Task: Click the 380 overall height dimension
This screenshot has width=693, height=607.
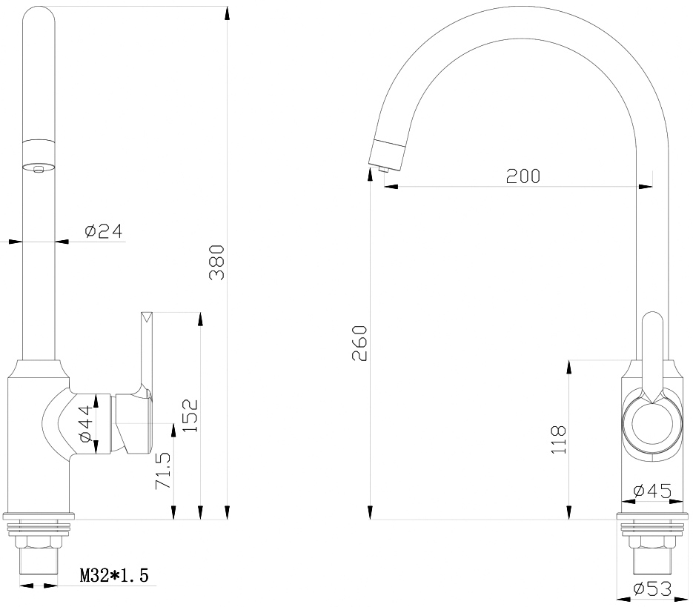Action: point(217,262)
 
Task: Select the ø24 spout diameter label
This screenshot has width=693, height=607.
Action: point(104,230)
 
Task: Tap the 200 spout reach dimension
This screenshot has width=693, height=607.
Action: point(523,176)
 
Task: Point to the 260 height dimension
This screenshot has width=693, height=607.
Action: point(359,343)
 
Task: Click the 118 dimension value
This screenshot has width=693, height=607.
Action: point(559,439)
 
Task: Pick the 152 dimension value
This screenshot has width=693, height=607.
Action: point(190,416)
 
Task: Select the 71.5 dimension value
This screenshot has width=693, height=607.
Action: point(163,471)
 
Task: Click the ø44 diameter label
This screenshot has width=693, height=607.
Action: point(85,423)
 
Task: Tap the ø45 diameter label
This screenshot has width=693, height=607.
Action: point(652,491)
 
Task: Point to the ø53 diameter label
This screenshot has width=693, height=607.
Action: point(652,588)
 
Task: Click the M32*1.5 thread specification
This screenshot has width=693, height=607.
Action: point(114,575)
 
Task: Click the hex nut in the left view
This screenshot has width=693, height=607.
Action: point(39,542)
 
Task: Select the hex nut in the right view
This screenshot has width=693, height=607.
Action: point(652,542)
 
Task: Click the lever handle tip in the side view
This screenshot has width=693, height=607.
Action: point(147,316)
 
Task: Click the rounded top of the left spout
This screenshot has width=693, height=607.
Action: point(39,14)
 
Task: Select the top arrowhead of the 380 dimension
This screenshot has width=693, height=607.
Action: point(227,13)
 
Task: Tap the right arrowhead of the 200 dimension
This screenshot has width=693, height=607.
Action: point(646,186)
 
